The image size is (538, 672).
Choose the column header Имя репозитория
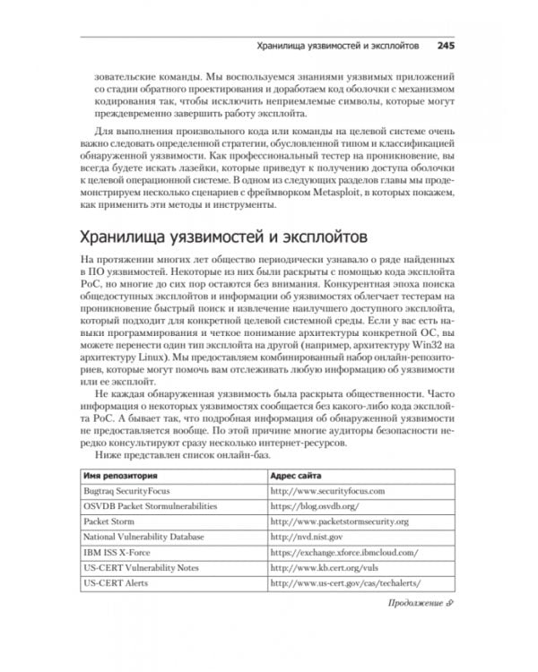tap(121, 477)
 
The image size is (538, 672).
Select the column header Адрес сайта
tap(300, 477)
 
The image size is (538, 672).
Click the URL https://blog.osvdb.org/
tap(314, 507)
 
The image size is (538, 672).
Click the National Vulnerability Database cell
tap(143, 538)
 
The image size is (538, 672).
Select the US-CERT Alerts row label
tap(113, 583)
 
